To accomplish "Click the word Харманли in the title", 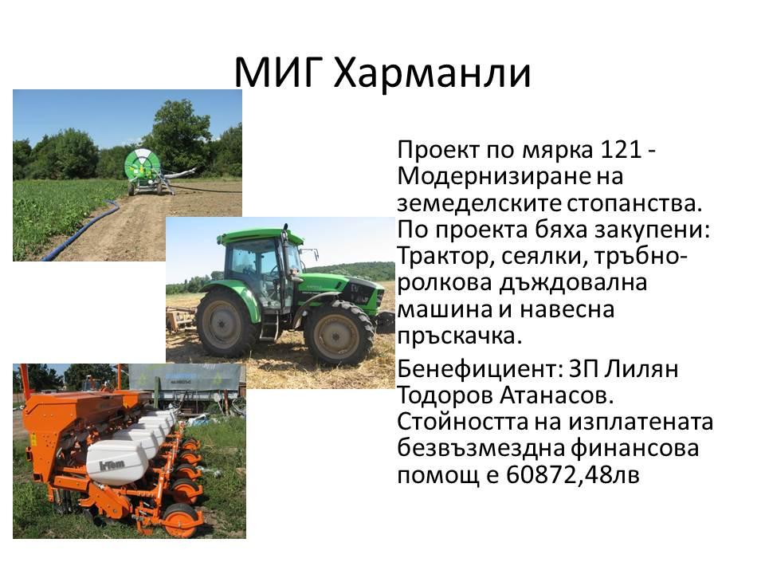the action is coord(432,73).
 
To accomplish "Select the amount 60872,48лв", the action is coord(572,474).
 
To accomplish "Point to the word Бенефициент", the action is coord(479,369).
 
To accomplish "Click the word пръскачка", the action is coord(459,336).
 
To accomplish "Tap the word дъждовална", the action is coord(573,284).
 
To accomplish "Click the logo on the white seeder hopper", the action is coord(112,464).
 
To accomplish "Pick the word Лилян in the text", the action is coord(641,369).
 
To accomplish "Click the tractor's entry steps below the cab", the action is coord(269,324).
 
